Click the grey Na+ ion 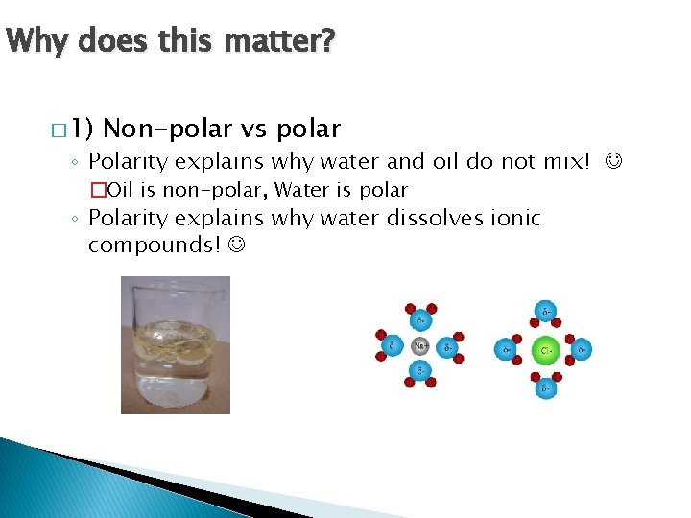[x=419, y=345]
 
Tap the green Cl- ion [x=544, y=350]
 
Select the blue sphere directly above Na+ [x=419, y=318]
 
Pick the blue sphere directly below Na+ [x=419, y=371]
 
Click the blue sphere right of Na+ [x=448, y=345]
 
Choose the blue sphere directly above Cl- [x=544, y=312]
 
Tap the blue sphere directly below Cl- [x=544, y=388]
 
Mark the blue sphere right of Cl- [x=582, y=350]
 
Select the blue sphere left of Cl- [x=507, y=350]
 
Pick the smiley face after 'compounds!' [x=236, y=246]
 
